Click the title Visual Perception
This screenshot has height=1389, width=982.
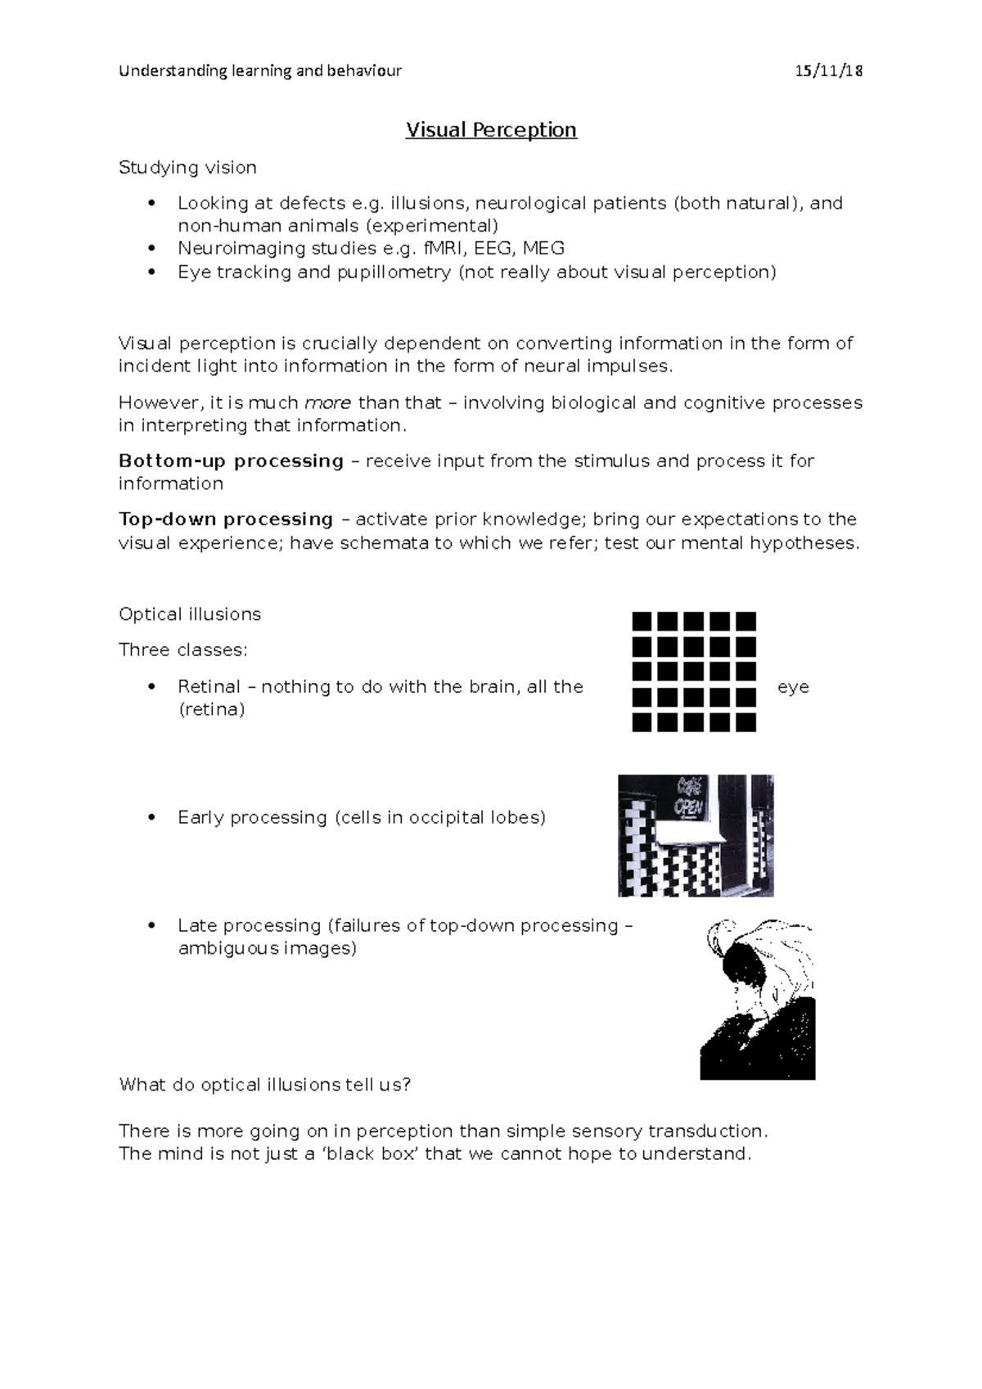(491, 130)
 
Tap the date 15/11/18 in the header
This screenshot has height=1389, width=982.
(829, 70)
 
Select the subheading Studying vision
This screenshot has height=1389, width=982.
(187, 168)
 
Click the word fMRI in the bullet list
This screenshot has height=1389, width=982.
(440, 248)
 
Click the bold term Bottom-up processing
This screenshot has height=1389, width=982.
(231, 461)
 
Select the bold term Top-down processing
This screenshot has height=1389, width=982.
(226, 519)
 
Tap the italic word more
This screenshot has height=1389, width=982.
(327, 402)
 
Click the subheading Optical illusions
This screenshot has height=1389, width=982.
(190, 614)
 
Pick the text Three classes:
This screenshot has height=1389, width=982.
(182, 650)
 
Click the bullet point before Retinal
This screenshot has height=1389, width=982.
(151, 686)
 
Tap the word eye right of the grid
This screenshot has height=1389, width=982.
(793, 687)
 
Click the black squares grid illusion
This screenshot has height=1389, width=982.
(694, 672)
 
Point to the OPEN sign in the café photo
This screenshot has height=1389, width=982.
(688, 806)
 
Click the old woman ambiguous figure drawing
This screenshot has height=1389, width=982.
(758, 999)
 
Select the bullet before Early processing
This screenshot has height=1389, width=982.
(151, 817)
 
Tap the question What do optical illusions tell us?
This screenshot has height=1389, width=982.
(264, 1085)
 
